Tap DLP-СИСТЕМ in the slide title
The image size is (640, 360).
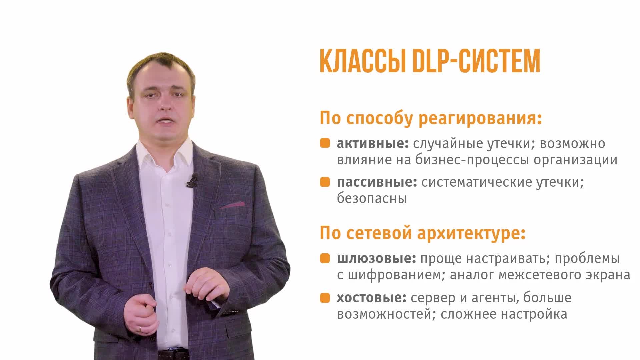pyautogui.click(x=476, y=61)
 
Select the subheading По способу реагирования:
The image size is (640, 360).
pyautogui.click(x=431, y=118)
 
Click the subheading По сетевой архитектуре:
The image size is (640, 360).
pyautogui.click(x=423, y=233)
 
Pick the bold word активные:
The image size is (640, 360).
pyautogui.click(x=373, y=143)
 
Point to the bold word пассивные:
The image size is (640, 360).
pyautogui.click(x=377, y=183)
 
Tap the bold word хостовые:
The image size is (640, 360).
pyautogui.click(x=372, y=298)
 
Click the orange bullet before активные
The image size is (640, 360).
pyautogui.click(x=325, y=143)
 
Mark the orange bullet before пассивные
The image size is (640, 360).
pyautogui.click(x=325, y=182)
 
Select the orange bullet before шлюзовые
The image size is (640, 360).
pyautogui.click(x=325, y=258)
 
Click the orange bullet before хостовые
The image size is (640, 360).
pyautogui.click(x=325, y=297)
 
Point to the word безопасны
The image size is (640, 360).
pyautogui.click(x=372, y=199)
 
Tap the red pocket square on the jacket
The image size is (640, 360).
pyautogui.click(x=232, y=205)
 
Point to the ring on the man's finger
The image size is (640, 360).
pyautogui.click(x=140, y=328)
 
